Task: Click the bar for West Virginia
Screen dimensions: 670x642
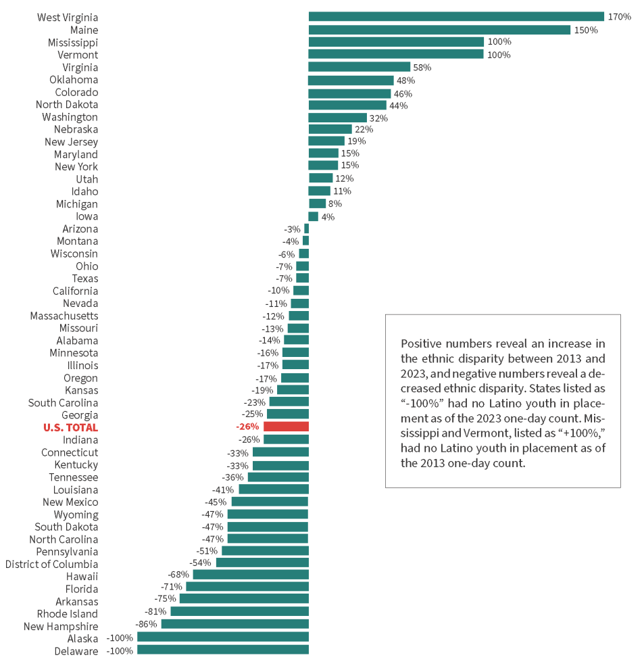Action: (456, 17)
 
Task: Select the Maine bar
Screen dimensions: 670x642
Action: (439, 30)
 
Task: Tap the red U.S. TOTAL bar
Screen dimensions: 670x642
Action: (286, 427)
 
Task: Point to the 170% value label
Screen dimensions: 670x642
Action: (619, 17)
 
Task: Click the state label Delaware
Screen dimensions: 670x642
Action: (76, 651)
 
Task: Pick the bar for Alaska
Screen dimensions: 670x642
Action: (223, 638)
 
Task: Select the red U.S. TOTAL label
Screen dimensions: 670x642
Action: (70, 427)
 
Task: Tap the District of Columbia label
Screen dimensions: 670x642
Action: (51, 564)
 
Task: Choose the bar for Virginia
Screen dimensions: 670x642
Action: (360, 67)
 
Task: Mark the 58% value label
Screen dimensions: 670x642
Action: (422, 68)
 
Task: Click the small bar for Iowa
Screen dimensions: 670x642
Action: (314, 216)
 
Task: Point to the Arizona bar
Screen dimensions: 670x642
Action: (306, 229)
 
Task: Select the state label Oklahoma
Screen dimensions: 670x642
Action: (74, 80)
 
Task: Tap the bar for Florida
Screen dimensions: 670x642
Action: (247, 587)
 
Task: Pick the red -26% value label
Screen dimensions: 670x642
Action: (248, 427)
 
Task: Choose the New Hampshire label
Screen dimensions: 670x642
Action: (61, 626)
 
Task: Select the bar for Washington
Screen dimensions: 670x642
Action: (338, 117)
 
